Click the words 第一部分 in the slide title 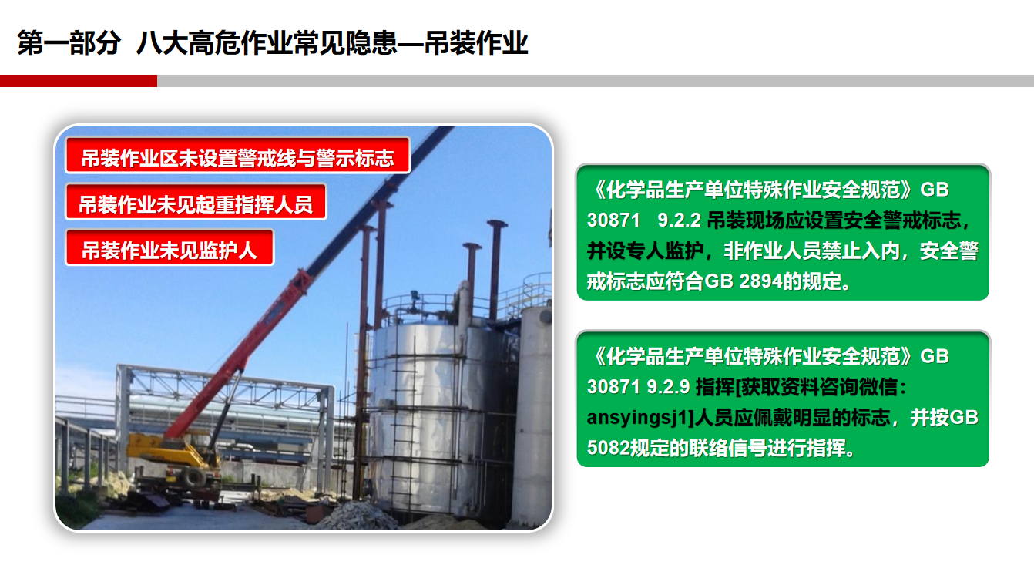point(69,44)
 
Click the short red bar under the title point(78,81)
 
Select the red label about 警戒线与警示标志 point(237,158)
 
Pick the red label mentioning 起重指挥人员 point(196,204)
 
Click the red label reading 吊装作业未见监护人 point(170,250)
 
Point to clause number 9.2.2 point(679,220)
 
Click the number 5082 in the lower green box point(604,448)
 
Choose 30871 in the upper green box point(613,220)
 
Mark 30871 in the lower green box point(613,387)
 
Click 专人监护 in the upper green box point(653,251)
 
